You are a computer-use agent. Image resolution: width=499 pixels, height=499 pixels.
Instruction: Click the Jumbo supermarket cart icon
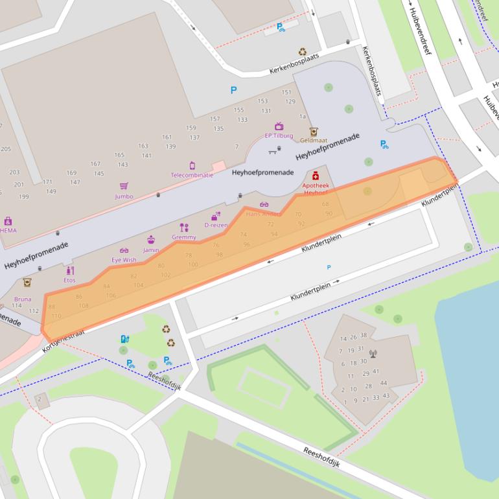pyautogui.click(x=124, y=186)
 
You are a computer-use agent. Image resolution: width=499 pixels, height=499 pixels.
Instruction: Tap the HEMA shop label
pyautogui.click(x=8, y=230)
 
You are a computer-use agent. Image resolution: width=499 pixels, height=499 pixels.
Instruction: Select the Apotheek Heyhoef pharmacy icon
pyautogui.click(x=316, y=175)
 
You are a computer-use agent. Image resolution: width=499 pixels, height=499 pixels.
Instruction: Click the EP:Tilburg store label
pyautogui.click(x=279, y=136)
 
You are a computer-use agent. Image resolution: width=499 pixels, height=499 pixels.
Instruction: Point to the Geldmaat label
pyautogui.click(x=313, y=140)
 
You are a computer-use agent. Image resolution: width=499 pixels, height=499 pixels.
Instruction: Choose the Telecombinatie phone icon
pyautogui.click(x=192, y=166)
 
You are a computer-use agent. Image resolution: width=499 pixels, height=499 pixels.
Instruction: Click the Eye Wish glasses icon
pyautogui.click(x=124, y=250)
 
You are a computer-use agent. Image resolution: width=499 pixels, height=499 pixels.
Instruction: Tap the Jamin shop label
pyautogui.click(x=151, y=250)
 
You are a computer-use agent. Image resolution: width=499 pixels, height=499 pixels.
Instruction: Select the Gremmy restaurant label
pyautogui.click(x=184, y=237)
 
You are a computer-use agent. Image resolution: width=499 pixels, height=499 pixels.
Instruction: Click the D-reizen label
pyautogui.click(x=215, y=225)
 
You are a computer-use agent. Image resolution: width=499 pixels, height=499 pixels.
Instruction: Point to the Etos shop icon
pyautogui.click(x=69, y=270)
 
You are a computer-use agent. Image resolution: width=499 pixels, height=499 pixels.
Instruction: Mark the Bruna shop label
pyautogui.click(x=22, y=299)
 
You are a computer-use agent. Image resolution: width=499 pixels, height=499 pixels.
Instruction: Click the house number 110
pyautogui.click(x=56, y=316)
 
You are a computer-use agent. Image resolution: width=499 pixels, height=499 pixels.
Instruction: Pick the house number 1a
pyautogui.click(x=302, y=117)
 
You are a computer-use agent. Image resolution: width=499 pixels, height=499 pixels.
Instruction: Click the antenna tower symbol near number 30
pyautogui.click(x=373, y=354)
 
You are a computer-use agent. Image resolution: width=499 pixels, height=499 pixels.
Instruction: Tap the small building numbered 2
pyautogui.click(x=40, y=399)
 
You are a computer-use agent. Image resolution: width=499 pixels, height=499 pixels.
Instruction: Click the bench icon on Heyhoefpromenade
pyautogui.click(x=274, y=151)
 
